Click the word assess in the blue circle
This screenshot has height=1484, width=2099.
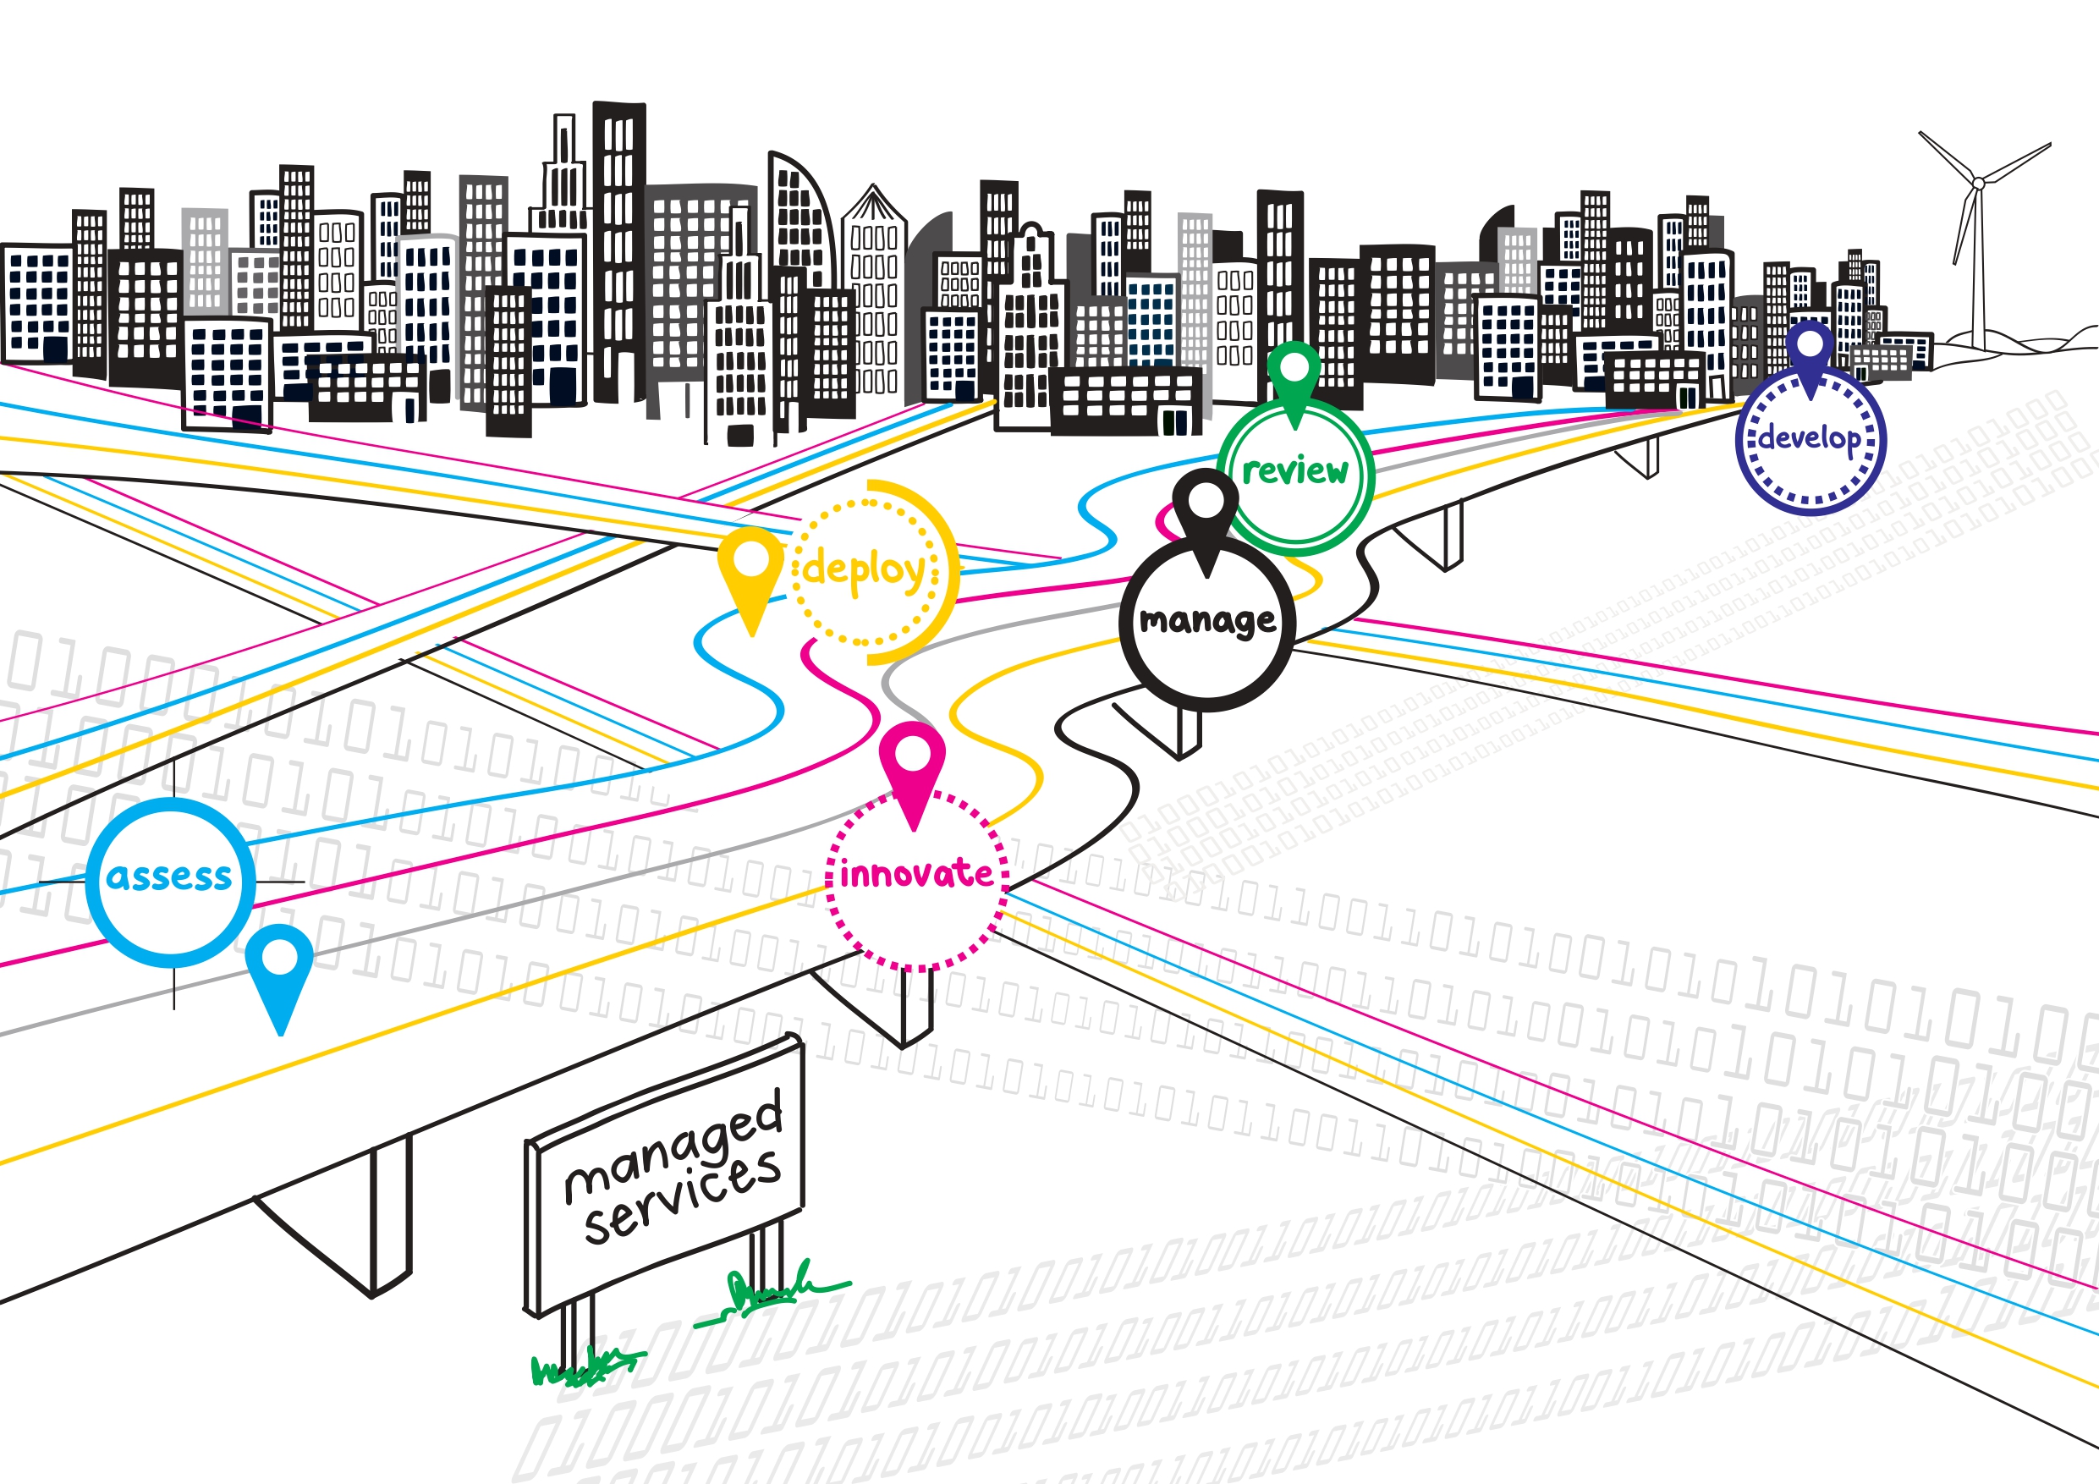coord(169,877)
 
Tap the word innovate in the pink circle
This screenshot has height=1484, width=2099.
coord(916,874)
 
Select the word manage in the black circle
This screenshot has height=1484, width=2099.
coord(1206,621)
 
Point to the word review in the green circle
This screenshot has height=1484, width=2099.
coord(1294,471)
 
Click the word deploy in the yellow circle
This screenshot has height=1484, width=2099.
coord(864,569)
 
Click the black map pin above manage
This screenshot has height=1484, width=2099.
coord(1206,511)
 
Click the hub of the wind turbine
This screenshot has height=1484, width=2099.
coord(1978,184)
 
